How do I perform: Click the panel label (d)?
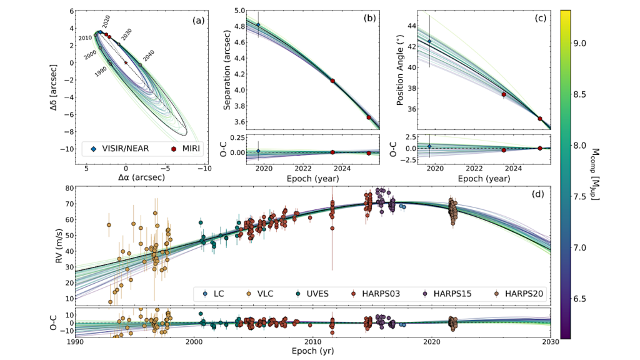coord(536,194)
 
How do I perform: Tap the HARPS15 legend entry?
coord(446,292)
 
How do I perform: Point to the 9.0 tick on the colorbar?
coord(579,43)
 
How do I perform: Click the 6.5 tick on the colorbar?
coord(579,299)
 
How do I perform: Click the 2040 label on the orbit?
coord(147,55)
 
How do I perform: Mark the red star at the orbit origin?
coord(126,62)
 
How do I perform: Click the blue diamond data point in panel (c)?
coord(429,41)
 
